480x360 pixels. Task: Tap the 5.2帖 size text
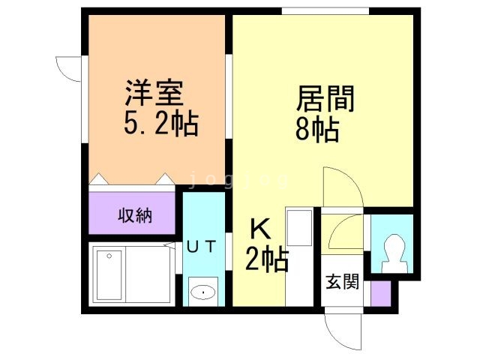tap(160, 124)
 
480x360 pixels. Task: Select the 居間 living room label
tap(325, 99)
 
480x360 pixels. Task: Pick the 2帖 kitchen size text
tap(267, 261)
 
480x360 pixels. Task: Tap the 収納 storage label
tap(135, 216)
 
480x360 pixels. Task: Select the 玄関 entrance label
tap(341, 283)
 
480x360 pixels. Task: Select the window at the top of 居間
tap(325, 10)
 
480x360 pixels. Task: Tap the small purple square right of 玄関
tap(380, 292)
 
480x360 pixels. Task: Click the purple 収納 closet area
tap(133, 214)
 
